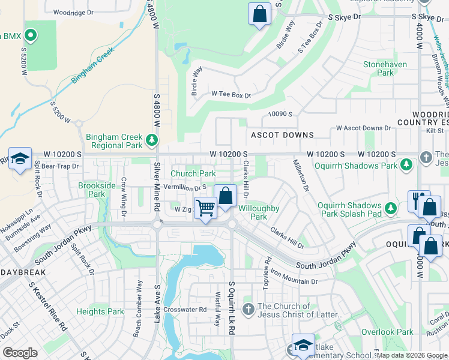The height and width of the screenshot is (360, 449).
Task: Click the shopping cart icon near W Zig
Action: click(x=205, y=208)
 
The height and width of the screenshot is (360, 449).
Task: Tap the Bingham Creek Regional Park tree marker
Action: click(x=152, y=140)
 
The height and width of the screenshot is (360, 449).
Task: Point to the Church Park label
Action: click(x=193, y=174)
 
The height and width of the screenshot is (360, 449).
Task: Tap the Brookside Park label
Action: click(x=96, y=190)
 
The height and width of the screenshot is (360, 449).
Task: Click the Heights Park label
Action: click(x=100, y=311)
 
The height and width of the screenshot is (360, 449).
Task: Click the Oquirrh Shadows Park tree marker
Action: click(x=406, y=164)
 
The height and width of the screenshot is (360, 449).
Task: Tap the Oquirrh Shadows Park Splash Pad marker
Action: click(x=391, y=208)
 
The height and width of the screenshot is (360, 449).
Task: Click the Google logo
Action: click(x=20, y=353)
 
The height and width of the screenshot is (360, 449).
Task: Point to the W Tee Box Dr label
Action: click(x=231, y=95)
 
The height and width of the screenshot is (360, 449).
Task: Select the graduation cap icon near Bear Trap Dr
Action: click(x=20, y=159)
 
